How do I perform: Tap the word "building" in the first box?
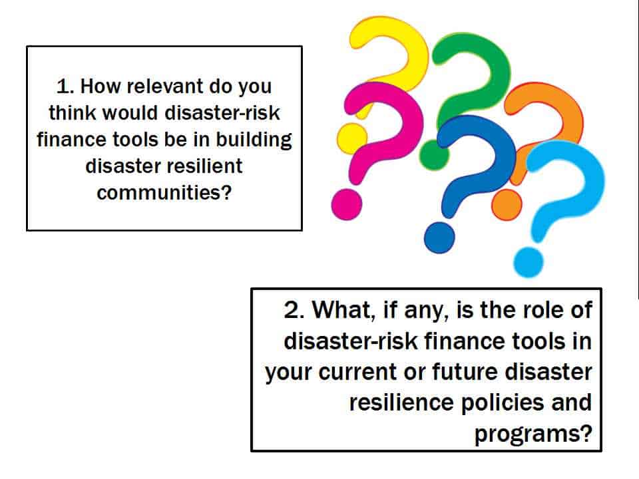pyautogui.click(x=254, y=141)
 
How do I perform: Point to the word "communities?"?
pyautogui.click(x=164, y=193)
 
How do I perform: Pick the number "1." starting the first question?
pyautogui.click(x=65, y=86)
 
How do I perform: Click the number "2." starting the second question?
pyautogui.click(x=294, y=310)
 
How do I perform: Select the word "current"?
pyautogui.click(x=357, y=373)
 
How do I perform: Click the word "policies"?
pyautogui.click(x=503, y=403)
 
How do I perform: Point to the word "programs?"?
pyautogui.click(x=533, y=434)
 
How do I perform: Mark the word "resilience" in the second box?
pyautogui.click(x=401, y=402)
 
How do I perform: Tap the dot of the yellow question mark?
pyautogui.click(x=351, y=138)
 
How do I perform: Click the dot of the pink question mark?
pyautogui.click(x=347, y=204)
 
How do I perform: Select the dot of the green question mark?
pyautogui.click(x=435, y=155)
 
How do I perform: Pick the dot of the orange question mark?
pyautogui.click(x=507, y=205)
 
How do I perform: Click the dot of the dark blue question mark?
pyautogui.click(x=439, y=238)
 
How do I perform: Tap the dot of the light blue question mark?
pyautogui.click(x=529, y=263)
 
